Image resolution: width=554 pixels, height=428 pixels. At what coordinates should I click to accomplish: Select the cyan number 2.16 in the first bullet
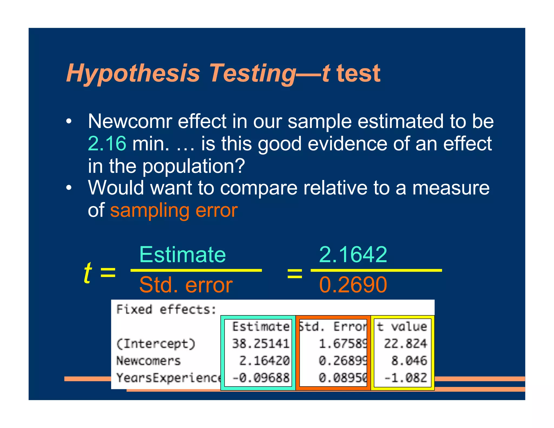click(107, 143)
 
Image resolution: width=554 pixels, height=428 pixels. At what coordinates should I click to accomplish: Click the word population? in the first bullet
click(194, 166)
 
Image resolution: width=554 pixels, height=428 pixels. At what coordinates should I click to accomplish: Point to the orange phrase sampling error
click(174, 210)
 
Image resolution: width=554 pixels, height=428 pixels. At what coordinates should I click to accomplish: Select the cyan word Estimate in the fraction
click(183, 255)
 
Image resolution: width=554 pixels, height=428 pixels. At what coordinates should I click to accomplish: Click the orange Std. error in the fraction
click(186, 285)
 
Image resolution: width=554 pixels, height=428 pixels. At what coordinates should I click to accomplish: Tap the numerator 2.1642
click(353, 255)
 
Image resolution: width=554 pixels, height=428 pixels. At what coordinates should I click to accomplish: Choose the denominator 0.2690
click(353, 285)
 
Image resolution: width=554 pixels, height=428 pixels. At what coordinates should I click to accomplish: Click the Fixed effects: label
click(166, 310)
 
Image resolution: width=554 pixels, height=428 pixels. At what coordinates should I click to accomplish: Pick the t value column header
click(402, 327)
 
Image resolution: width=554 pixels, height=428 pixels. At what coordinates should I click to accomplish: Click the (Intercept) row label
click(156, 344)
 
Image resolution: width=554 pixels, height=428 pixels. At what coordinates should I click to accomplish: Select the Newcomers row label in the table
click(149, 361)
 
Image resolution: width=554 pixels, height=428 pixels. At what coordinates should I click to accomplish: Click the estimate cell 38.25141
click(261, 344)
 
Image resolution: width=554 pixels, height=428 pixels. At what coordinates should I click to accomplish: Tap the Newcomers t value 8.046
click(409, 361)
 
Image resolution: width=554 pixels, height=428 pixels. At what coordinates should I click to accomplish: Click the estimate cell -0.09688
click(261, 378)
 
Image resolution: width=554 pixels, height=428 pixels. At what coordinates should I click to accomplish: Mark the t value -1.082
click(405, 378)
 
